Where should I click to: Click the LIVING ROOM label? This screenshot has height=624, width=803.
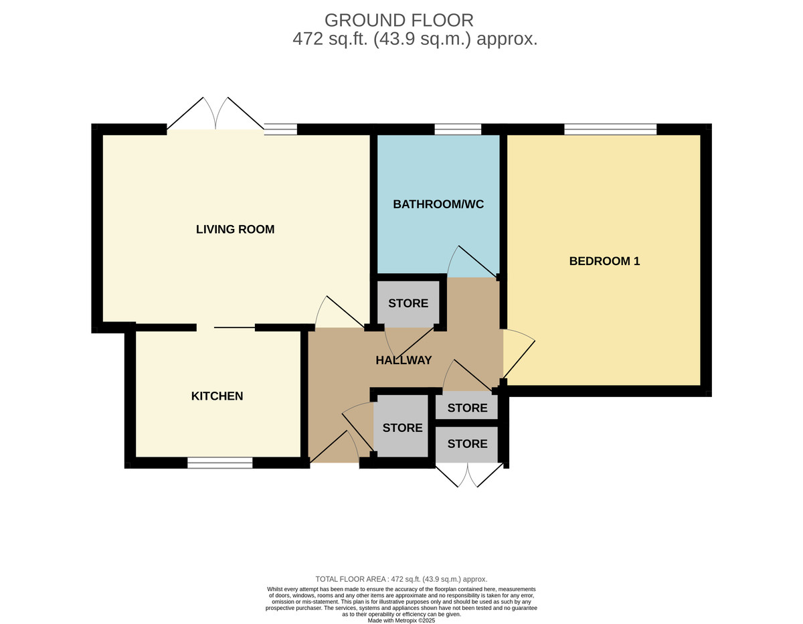235,230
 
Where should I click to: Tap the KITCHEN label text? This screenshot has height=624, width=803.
217,396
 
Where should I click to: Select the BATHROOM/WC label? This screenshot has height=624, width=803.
438,204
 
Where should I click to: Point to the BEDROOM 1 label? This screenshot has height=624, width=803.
604,261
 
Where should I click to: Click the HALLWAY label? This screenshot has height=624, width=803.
404,360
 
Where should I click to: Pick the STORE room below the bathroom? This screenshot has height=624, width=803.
408,303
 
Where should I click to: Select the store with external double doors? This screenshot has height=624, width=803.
467,444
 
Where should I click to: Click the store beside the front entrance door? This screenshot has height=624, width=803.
402,428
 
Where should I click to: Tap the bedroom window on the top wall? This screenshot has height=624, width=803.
610,129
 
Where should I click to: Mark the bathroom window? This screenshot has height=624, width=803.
458,129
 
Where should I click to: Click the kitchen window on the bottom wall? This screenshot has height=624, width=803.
219,463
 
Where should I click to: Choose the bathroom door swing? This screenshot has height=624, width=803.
471,261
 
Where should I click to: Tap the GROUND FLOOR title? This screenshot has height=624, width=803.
399,20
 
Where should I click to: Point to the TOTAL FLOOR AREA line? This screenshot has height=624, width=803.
401,579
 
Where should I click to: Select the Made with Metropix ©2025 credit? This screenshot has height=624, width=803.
401,621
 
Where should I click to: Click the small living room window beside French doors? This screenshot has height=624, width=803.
280,129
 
